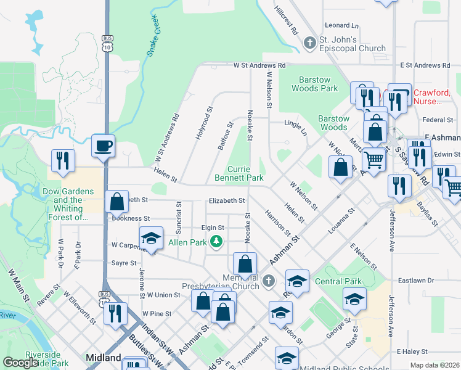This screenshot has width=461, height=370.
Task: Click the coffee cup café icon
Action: click(103, 146)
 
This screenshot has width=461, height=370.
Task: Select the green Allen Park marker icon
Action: click(216, 241)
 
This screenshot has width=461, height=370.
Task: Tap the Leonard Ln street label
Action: click(341, 26)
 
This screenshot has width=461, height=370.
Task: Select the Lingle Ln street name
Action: click(295, 126)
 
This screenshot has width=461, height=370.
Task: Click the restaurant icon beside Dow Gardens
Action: click(63, 161)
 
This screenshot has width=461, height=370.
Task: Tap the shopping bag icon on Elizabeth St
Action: click(116, 202)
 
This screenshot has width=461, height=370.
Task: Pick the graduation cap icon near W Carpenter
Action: click(151, 239)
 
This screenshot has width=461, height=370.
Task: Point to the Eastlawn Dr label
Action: click(416, 281)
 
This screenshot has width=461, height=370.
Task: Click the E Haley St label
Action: click(412, 351)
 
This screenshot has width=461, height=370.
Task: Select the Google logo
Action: click(20, 363)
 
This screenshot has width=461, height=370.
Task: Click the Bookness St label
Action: click(131, 218)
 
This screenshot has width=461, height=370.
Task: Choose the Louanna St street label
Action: click(343, 223)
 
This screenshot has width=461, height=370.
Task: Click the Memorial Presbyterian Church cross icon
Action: click(267, 281)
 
